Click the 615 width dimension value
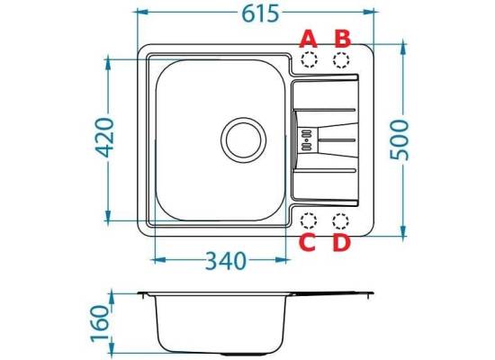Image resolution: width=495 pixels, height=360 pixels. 260,13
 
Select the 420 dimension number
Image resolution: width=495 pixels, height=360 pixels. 104,138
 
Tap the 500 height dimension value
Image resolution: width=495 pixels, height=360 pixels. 399,139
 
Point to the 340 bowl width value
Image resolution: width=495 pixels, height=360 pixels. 225,260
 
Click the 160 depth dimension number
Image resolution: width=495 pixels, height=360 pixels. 100,324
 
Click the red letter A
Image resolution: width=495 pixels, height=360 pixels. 309,39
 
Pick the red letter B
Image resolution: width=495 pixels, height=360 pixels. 343,39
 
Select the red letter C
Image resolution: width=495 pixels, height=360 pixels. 308,242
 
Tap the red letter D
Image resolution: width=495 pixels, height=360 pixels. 342,242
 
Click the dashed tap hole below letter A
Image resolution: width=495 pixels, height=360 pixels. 309,59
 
